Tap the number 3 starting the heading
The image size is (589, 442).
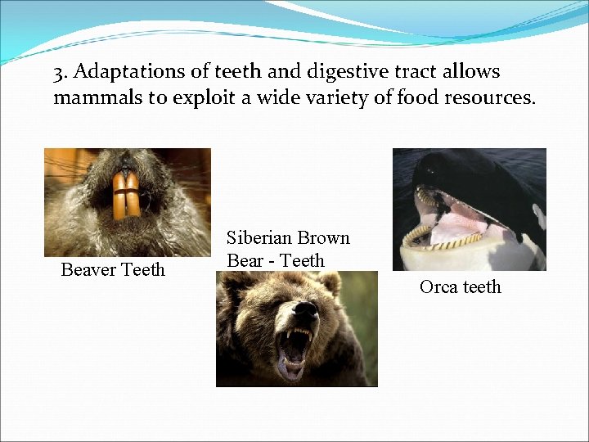pyautogui.click(x=58, y=73)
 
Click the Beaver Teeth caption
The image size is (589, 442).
pyautogui.click(x=113, y=270)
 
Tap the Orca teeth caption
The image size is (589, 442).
pyautogui.click(x=460, y=287)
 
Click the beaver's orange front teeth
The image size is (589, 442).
pyautogui.click(x=125, y=196)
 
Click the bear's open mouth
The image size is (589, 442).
pyautogui.click(x=293, y=348)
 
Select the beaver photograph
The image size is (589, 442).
pyautogui.click(x=127, y=201)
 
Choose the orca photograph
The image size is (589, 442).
pyautogui.click(x=469, y=209)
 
